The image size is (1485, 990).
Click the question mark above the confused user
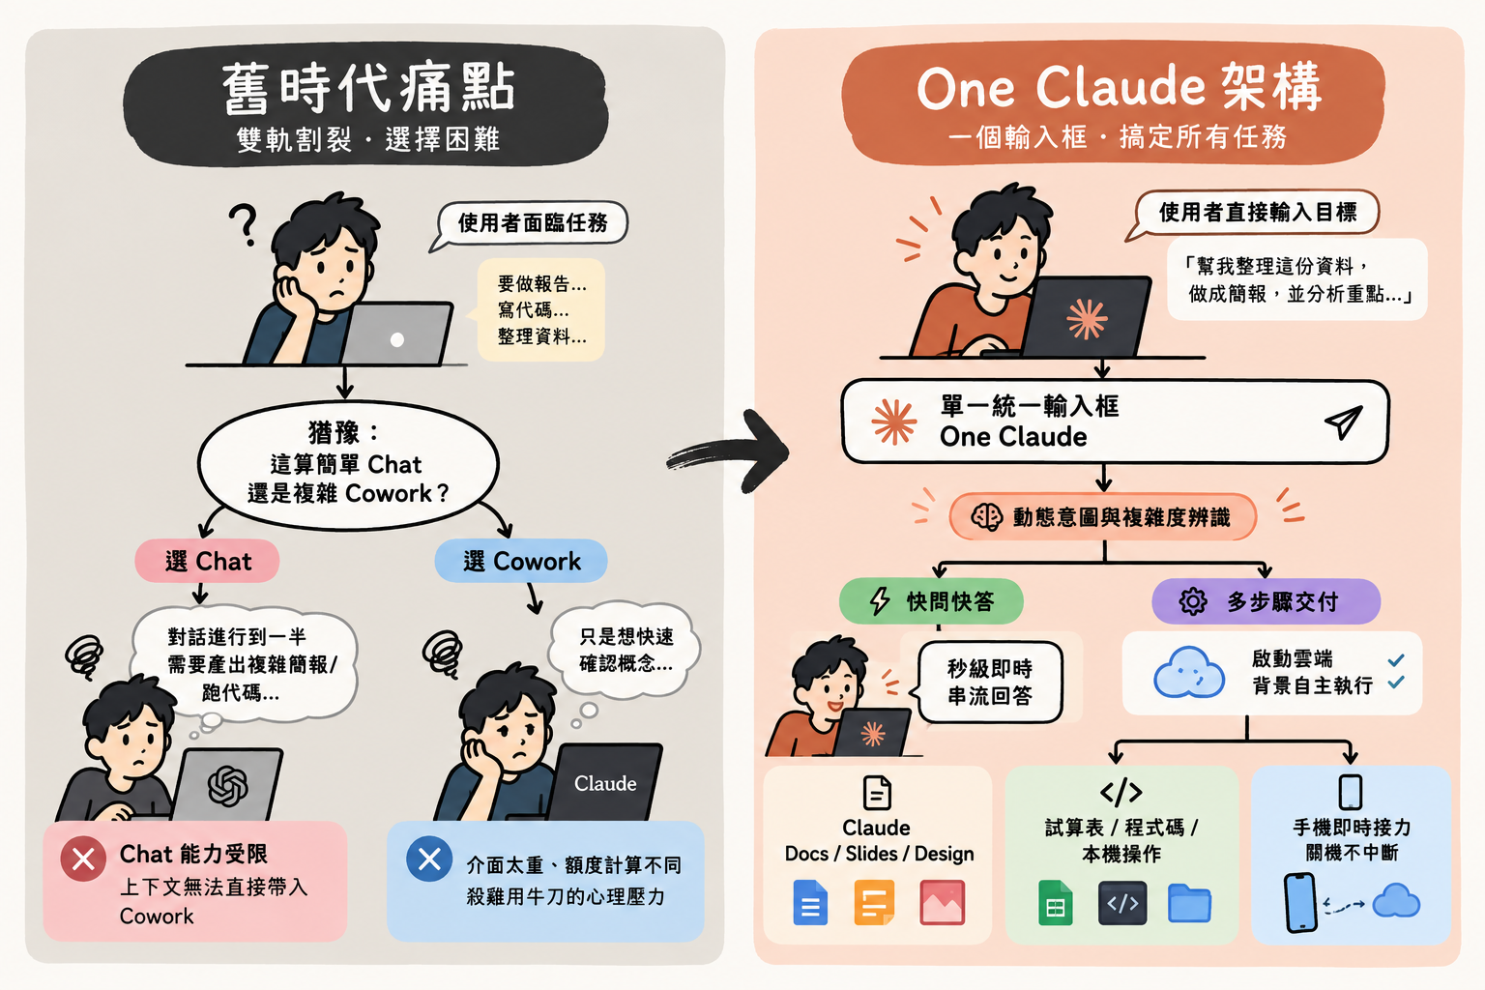tap(244, 224)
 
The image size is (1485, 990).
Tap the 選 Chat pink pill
tap(208, 561)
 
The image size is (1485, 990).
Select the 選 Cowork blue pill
tap(521, 561)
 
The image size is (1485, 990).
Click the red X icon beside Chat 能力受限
tap(83, 859)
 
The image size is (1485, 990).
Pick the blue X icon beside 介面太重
tap(429, 859)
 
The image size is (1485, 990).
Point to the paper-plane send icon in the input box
tap(1343, 422)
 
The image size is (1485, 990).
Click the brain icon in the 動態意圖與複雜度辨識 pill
tap(986, 517)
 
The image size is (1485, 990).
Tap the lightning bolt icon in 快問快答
tap(880, 601)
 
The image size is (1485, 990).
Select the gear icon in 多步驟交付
tap(1193, 601)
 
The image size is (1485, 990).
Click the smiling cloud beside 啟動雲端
tap(1188, 672)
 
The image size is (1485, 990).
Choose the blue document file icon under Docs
tap(810, 902)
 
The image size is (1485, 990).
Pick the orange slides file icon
tap(874, 902)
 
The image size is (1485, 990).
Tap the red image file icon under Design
tap(942, 902)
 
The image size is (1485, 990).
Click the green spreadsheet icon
tap(1056, 902)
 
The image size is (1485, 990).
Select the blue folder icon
tap(1189, 903)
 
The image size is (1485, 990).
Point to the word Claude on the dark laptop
tap(605, 784)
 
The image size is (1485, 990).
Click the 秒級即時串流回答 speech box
tap(990, 682)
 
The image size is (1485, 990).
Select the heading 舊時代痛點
tap(368, 88)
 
